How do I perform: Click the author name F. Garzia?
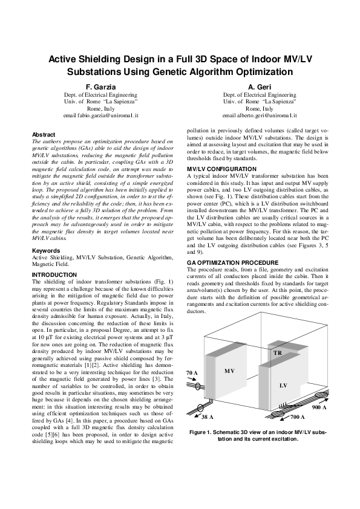(100, 87)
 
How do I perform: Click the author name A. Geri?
(259, 87)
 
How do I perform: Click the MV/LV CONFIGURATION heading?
(221, 167)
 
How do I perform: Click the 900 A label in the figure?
(319, 408)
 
